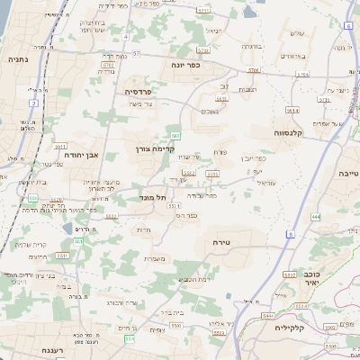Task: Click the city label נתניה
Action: pyautogui.click(x=17, y=59)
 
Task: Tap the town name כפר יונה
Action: pyautogui.click(x=184, y=65)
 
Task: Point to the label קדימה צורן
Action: pyautogui.click(x=154, y=148)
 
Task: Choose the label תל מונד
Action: pyautogui.click(x=154, y=196)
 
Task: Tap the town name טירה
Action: pyautogui.click(x=222, y=242)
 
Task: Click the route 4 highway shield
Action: pyautogui.click(x=126, y=37)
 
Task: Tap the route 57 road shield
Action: pyautogui.click(x=136, y=52)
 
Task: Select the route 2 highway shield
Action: pyautogui.click(x=34, y=103)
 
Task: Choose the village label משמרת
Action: pyautogui.click(x=155, y=259)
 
